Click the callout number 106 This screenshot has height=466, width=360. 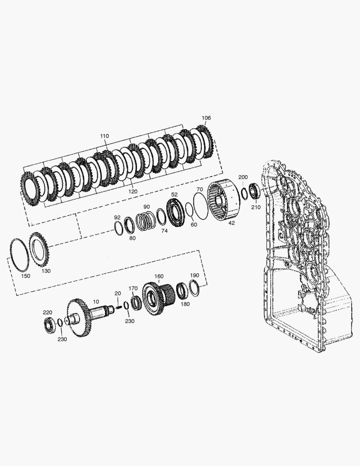[x=206, y=118]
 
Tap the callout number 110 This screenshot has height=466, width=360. [x=104, y=136]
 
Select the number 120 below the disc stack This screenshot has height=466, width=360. [x=133, y=192]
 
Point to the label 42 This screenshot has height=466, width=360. [x=232, y=223]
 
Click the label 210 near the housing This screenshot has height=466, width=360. [x=256, y=207]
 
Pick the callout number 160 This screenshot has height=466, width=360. [x=159, y=276]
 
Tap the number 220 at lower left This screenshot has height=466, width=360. [x=47, y=312]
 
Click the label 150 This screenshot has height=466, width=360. [x=25, y=276]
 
